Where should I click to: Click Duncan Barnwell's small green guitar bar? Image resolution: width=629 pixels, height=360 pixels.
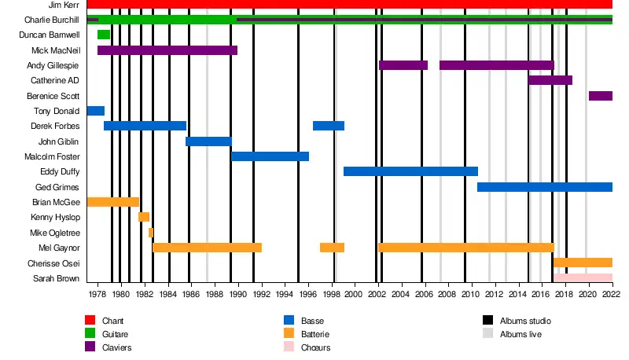point(104,35)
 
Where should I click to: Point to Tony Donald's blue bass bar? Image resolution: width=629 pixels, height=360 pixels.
point(95,111)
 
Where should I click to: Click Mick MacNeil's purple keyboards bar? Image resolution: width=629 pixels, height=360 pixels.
point(167,50)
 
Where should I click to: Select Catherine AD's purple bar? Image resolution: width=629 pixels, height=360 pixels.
point(550,80)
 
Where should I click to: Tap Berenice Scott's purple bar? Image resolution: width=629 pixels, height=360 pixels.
point(600,96)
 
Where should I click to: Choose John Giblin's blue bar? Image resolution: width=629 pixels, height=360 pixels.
point(208,141)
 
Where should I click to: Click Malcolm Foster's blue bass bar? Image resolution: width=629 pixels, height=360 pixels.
point(270,156)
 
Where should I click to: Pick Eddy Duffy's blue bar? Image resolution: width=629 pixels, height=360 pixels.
point(410,171)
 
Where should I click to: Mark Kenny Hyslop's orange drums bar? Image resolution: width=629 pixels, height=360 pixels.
point(144,217)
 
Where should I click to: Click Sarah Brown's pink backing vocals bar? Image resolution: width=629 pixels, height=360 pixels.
point(583,277)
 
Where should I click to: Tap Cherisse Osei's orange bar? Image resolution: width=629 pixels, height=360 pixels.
point(583,263)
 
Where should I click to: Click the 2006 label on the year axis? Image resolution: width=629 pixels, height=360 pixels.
point(422,294)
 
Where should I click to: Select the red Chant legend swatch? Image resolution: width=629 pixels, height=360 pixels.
point(90,321)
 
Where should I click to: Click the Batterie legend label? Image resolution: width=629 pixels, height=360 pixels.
point(316,334)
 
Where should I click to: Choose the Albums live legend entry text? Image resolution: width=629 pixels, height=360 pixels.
point(520,334)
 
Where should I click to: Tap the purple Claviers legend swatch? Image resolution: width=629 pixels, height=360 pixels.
point(90,347)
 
